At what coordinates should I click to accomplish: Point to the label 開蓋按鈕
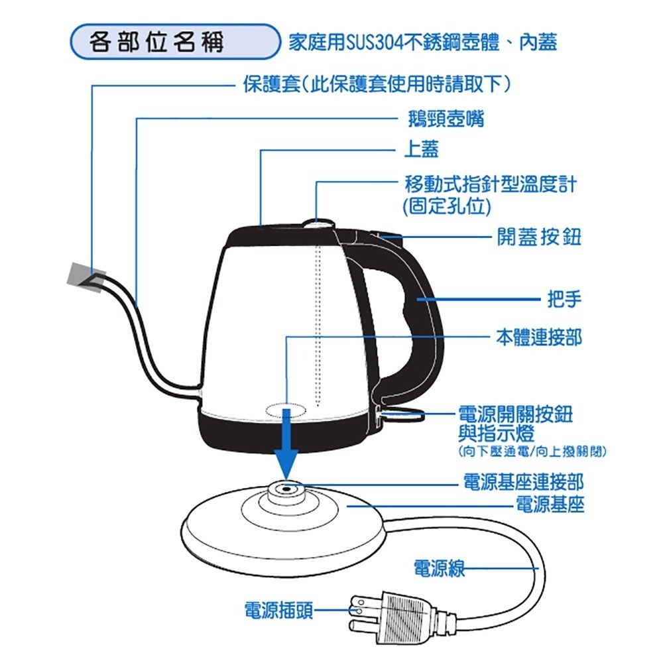pyautogui.click(x=539, y=236)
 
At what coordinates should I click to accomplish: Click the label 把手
pyautogui.click(x=564, y=300)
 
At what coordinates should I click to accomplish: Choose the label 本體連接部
pyautogui.click(x=539, y=337)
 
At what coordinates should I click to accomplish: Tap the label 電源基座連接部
pyautogui.click(x=523, y=482)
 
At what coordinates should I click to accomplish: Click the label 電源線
pyautogui.click(x=438, y=568)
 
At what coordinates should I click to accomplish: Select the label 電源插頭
pyautogui.click(x=278, y=609)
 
